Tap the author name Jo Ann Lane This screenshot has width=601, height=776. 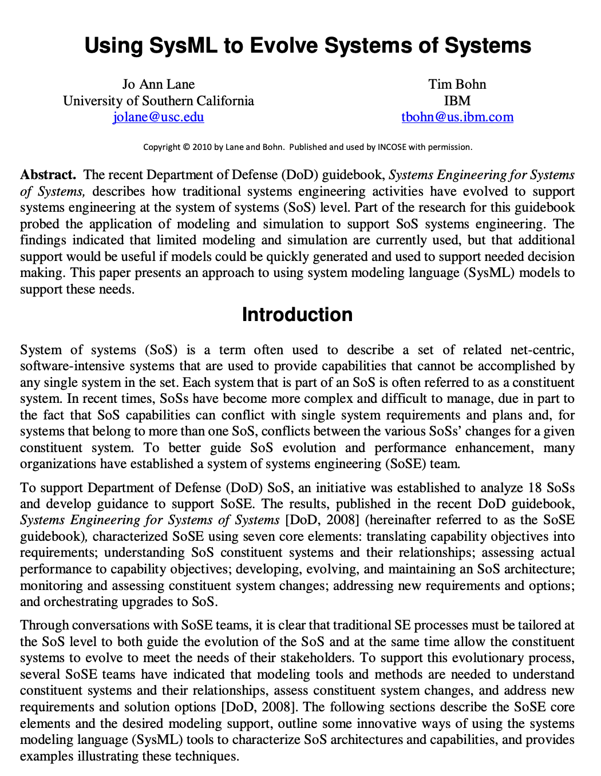pos(159,84)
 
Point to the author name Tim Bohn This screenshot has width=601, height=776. pos(457,84)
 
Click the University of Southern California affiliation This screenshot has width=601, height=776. pos(159,101)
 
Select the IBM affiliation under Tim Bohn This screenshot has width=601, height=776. pos(457,101)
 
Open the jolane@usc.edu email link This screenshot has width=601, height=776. pos(159,117)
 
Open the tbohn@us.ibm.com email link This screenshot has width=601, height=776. pos(457,117)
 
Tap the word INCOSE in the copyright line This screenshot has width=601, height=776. pos(392,147)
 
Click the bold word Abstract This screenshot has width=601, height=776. pos(48,175)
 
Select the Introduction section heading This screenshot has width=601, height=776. pos(297,315)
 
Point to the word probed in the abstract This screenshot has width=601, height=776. pos(39,224)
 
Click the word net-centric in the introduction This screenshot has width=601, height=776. pos(542,350)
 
